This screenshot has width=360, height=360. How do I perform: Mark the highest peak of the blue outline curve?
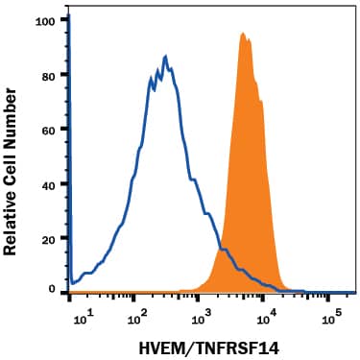(x=166, y=57)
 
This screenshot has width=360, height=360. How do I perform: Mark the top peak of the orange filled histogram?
(x=243, y=34)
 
